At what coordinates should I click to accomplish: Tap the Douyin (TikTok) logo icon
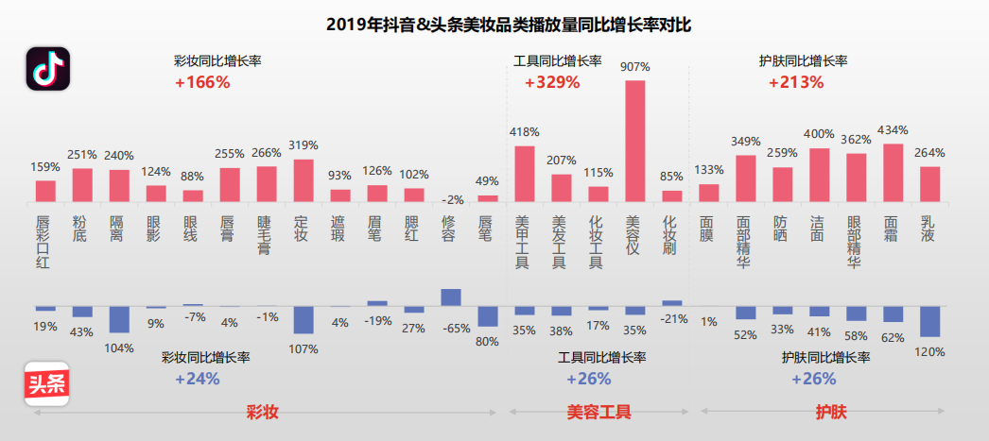47,70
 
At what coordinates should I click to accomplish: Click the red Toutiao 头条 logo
47,384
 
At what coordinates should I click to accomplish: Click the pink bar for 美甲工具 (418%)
524,173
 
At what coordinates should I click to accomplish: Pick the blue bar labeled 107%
303,320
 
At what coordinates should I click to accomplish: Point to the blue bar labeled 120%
930,322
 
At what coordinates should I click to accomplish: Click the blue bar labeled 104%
119,319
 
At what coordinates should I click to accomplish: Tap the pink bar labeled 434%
893,172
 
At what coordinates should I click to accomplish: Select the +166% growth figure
202,82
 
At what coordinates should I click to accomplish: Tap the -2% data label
453,199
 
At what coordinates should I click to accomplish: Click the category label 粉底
80,229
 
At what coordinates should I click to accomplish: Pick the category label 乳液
928,229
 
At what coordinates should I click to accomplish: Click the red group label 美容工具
599,413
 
